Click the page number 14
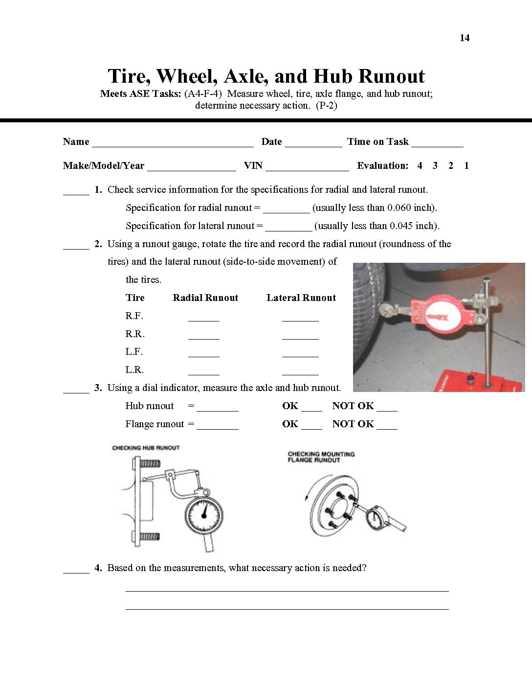(465, 38)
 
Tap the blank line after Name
(173, 145)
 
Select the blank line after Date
(313, 145)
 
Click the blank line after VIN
(307, 169)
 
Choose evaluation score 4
(420, 166)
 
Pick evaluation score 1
(466, 166)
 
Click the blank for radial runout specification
(286, 211)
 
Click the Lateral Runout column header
(301, 298)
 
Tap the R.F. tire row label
(134, 316)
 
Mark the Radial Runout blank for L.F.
(203, 355)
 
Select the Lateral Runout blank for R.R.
(300, 337)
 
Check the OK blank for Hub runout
(311, 410)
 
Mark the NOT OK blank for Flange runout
(387, 428)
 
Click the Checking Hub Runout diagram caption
(146, 448)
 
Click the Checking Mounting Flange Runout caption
(321, 457)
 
